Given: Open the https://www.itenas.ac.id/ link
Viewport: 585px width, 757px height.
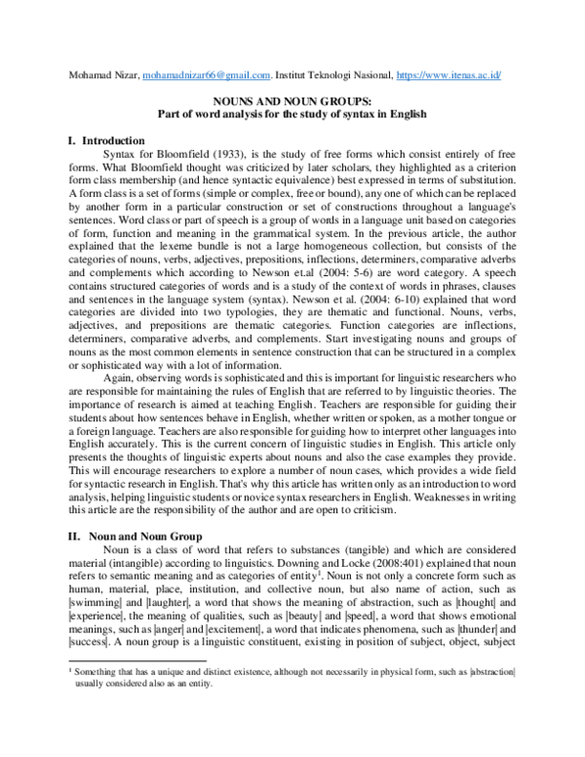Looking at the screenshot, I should tap(458, 74).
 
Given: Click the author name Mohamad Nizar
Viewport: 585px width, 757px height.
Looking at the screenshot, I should tap(103, 74).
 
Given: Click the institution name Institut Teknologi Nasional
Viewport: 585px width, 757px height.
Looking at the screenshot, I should tap(331, 74).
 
